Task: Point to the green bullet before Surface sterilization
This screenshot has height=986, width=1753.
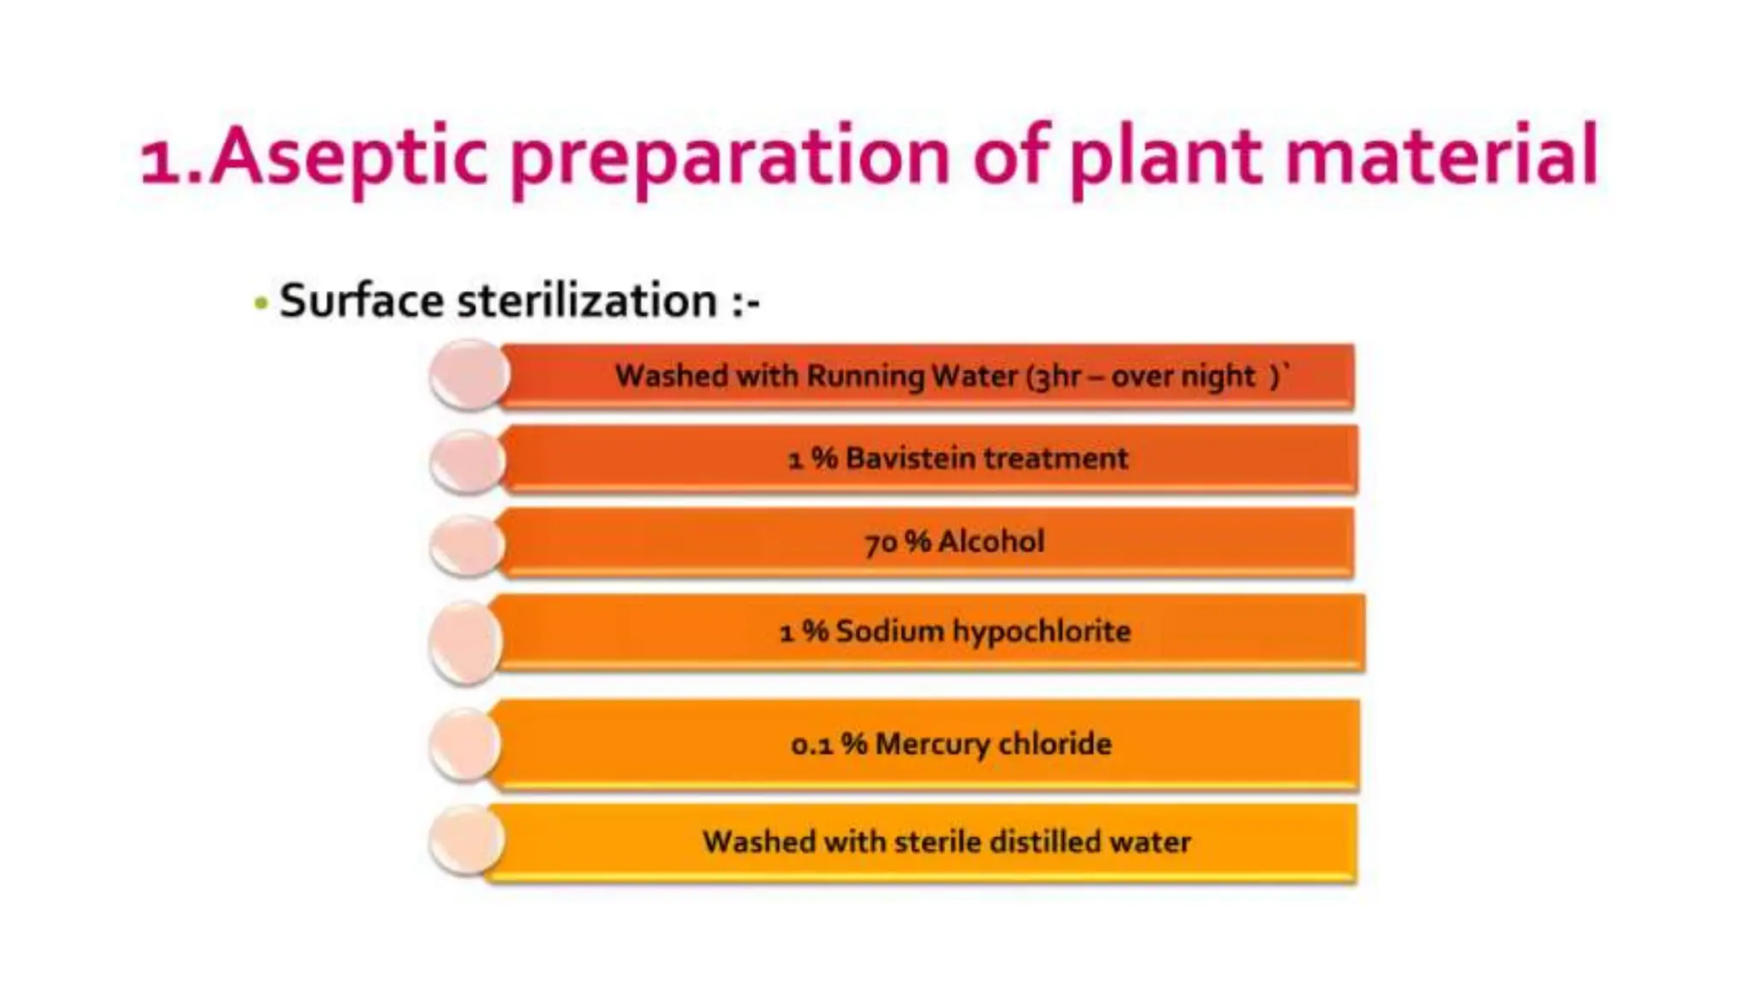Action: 261,303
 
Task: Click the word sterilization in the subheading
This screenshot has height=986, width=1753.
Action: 587,301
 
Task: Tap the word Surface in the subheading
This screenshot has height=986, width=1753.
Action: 361,301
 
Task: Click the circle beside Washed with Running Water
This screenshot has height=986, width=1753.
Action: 468,374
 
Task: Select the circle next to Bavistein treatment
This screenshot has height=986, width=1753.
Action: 467,461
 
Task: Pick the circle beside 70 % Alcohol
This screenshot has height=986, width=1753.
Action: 466,545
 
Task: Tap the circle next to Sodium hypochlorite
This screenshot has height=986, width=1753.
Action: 465,642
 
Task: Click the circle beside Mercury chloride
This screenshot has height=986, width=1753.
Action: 465,745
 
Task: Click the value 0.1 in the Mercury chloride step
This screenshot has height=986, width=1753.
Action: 811,745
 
